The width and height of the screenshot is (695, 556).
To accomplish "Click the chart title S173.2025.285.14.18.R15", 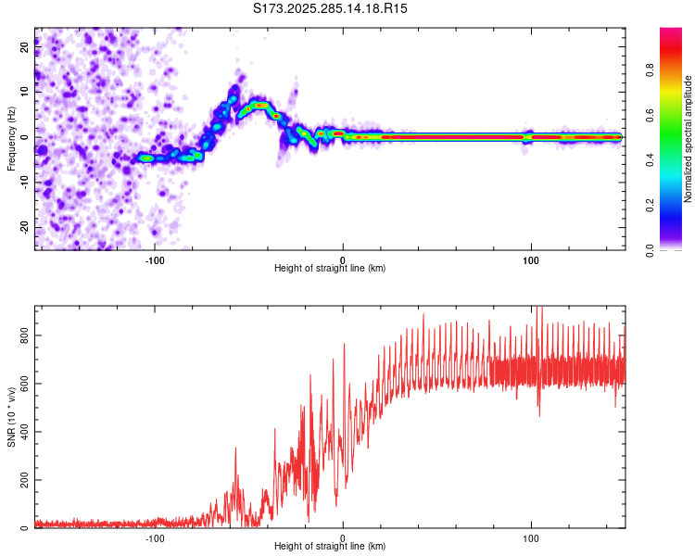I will pyautogui.click(x=331, y=8).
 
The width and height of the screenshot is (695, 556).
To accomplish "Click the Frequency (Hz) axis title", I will pyautogui.click(x=11, y=138).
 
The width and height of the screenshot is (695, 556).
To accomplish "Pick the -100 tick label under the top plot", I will pyautogui.click(x=155, y=259).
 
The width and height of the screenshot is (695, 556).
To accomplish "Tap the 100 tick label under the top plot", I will pyautogui.click(x=531, y=259).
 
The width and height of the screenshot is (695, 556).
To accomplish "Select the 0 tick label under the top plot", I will pyautogui.click(x=343, y=259).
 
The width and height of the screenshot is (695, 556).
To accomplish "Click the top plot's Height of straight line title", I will pyautogui.click(x=330, y=269).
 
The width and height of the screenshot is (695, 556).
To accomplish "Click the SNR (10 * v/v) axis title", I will pyautogui.click(x=11, y=416).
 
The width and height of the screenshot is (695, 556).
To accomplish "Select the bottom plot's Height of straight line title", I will pyautogui.click(x=330, y=547).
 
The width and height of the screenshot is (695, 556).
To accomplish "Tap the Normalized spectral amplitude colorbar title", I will pyautogui.click(x=689, y=138).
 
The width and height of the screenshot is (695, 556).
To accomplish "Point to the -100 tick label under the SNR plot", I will pyautogui.click(x=155, y=537).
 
